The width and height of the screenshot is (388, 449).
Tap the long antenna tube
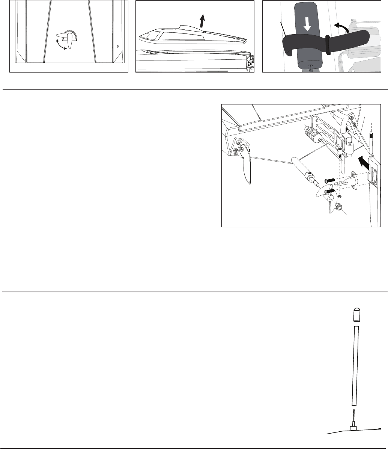(355, 366)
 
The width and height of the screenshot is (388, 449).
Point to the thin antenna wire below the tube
(353, 417)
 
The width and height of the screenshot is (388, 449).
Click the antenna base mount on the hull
(353, 428)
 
